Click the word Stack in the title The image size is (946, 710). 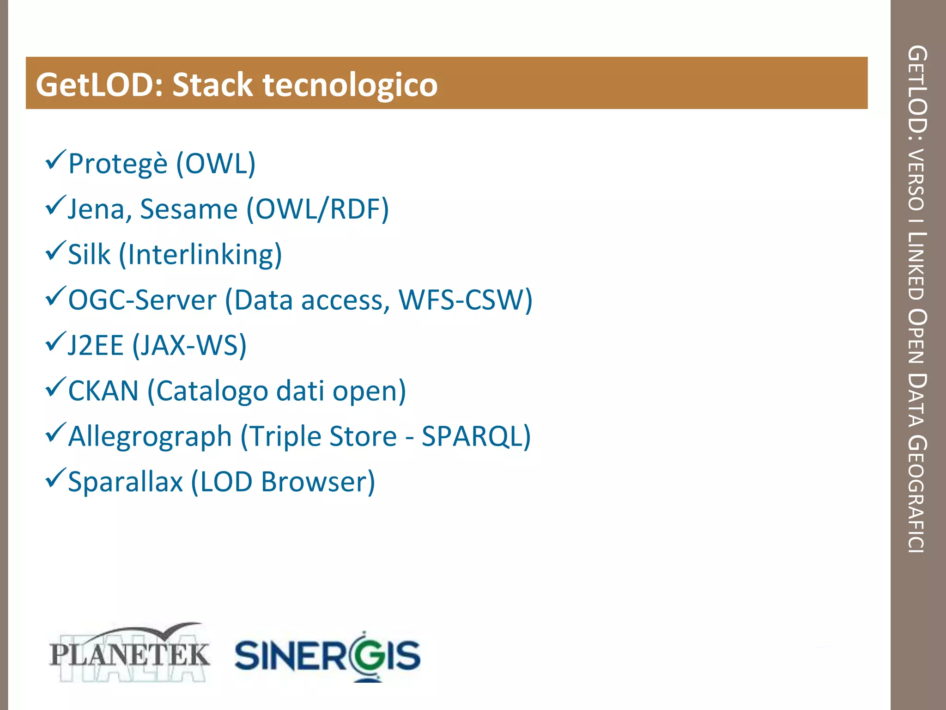(x=212, y=85)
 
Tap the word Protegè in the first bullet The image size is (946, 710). (x=117, y=164)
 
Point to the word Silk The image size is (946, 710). (x=89, y=254)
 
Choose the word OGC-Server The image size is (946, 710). (x=142, y=300)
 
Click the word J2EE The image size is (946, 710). (x=96, y=345)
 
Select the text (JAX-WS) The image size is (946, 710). (x=189, y=345)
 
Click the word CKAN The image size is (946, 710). (x=103, y=391)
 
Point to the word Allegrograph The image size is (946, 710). (x=150, y=436)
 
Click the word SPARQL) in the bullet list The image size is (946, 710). (x=476, y=436)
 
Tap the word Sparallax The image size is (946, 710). (x=125, y=482)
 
